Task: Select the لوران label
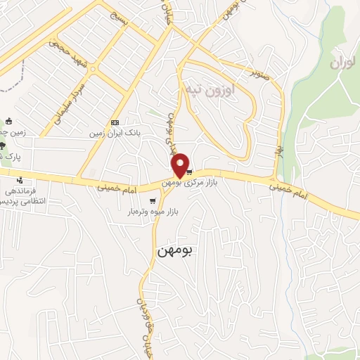coord(342,63)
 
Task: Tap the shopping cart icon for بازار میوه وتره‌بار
coord(153,200)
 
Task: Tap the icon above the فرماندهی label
coord(19,179)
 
